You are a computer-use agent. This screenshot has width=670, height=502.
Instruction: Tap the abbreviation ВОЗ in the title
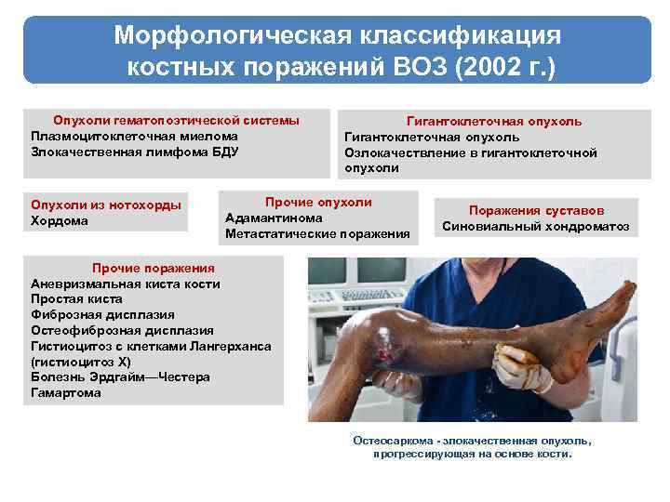[x=407, y=67]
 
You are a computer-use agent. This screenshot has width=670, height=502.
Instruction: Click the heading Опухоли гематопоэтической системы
[x=177, y=121]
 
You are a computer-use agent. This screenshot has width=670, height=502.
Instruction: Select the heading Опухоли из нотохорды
[x=106, y=205]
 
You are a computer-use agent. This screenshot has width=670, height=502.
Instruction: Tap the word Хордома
[x=60, y=220]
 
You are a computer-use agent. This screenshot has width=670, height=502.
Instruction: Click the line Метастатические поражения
[x=317, y=233]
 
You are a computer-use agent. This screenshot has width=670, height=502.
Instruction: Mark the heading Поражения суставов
[x=536, y=210]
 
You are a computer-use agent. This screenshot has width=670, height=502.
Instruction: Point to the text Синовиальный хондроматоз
[x=536, y=226]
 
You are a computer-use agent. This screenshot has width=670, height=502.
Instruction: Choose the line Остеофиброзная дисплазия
[x=122, y=330]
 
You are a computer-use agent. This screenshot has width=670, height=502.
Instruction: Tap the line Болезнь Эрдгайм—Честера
[x=120, y=376]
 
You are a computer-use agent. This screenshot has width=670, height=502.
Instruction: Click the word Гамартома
[x=66, y=392]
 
